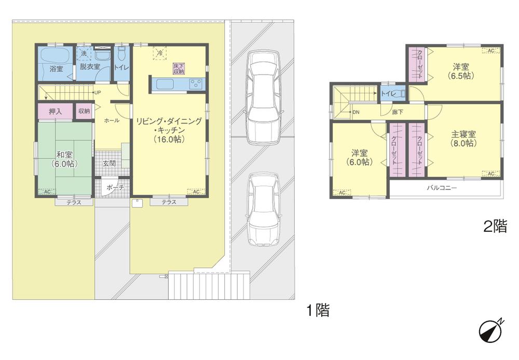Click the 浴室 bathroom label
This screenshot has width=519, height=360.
56,68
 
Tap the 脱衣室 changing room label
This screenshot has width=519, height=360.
89,67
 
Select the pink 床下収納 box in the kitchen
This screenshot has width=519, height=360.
179,68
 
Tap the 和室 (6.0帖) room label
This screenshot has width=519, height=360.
64,158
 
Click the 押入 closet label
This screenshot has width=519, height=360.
55,111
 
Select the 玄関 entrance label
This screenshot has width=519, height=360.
110,164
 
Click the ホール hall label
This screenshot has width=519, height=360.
112,120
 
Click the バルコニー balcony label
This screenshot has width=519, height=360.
441,188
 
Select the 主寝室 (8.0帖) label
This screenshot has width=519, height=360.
463,139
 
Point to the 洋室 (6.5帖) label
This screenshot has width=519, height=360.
460,71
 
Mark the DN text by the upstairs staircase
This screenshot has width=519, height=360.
356,112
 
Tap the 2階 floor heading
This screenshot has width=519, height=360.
495,227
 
